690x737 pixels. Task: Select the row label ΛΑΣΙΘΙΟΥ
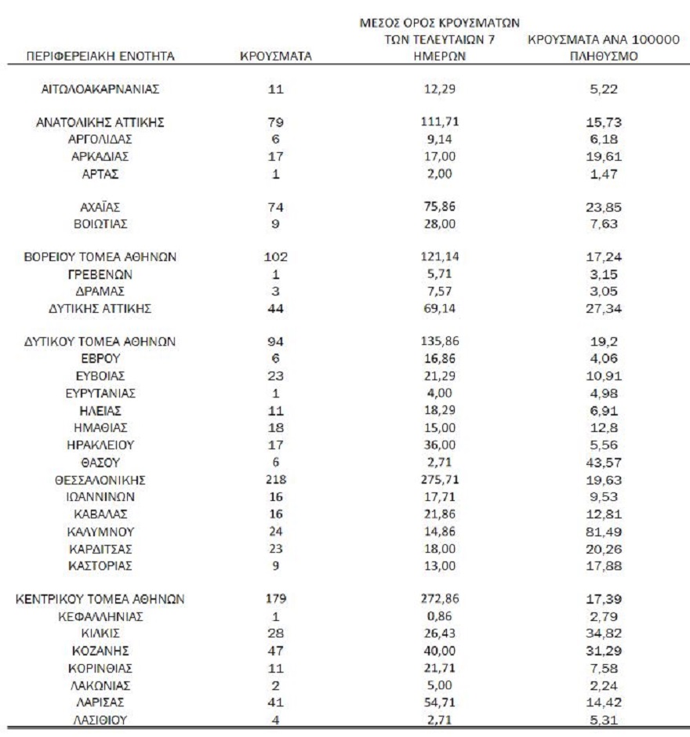coord(100,717)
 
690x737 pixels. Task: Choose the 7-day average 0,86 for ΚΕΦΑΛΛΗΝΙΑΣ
coord(444,615)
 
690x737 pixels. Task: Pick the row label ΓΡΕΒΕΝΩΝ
coord(100,274)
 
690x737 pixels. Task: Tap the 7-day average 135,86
coord(444,342)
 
